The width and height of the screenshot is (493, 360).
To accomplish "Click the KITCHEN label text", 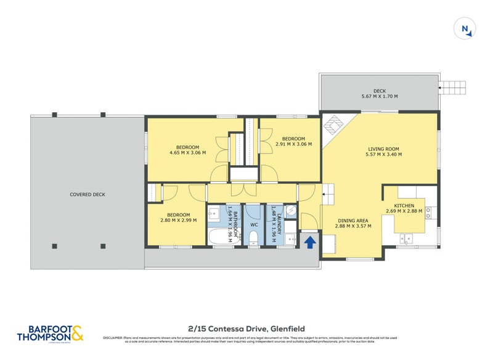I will click(x=404, y=205).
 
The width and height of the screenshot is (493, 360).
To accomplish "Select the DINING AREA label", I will click(x=352, y=221).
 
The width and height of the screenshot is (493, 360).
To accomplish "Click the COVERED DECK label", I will click(x=87, y=194).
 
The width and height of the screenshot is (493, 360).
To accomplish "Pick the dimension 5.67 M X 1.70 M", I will click(x=380, y=97).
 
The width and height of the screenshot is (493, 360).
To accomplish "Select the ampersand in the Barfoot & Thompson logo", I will click(x=76, y=333).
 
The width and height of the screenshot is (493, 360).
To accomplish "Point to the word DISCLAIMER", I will click(x=115, y=338).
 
